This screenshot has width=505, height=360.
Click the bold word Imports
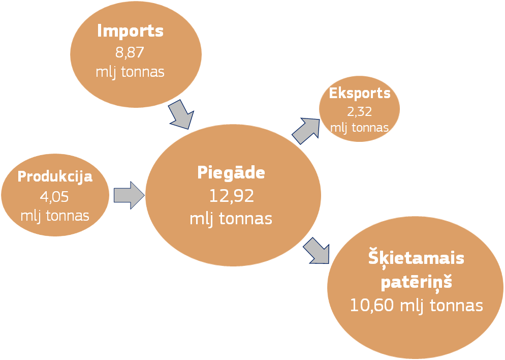(x=131, y=31)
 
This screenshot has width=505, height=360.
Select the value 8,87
(x=130, y=52)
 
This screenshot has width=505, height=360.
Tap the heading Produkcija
(x=55, y=177)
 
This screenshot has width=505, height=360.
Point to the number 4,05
(x=54, y=196)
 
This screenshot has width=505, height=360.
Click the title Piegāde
(x=231, y=172)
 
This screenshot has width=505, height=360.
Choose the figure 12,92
(x=232, y=196)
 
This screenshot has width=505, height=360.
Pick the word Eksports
(x=360, y=93)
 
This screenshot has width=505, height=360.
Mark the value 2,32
(x=359, y=111)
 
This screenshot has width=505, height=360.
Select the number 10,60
(x=372, y=305)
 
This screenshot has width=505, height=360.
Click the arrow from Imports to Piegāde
(x=181, y=115)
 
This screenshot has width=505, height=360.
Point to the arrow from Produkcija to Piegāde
(x=129, y=195)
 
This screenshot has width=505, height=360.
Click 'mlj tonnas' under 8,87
(x=130, y=72)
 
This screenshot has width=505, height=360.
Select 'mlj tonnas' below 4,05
(x=55, y=216)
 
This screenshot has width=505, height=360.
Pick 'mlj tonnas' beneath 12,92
(x=231, y=219)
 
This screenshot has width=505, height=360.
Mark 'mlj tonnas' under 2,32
(x=359, y=128)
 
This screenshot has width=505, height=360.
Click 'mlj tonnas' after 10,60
(x=441, y=306)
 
